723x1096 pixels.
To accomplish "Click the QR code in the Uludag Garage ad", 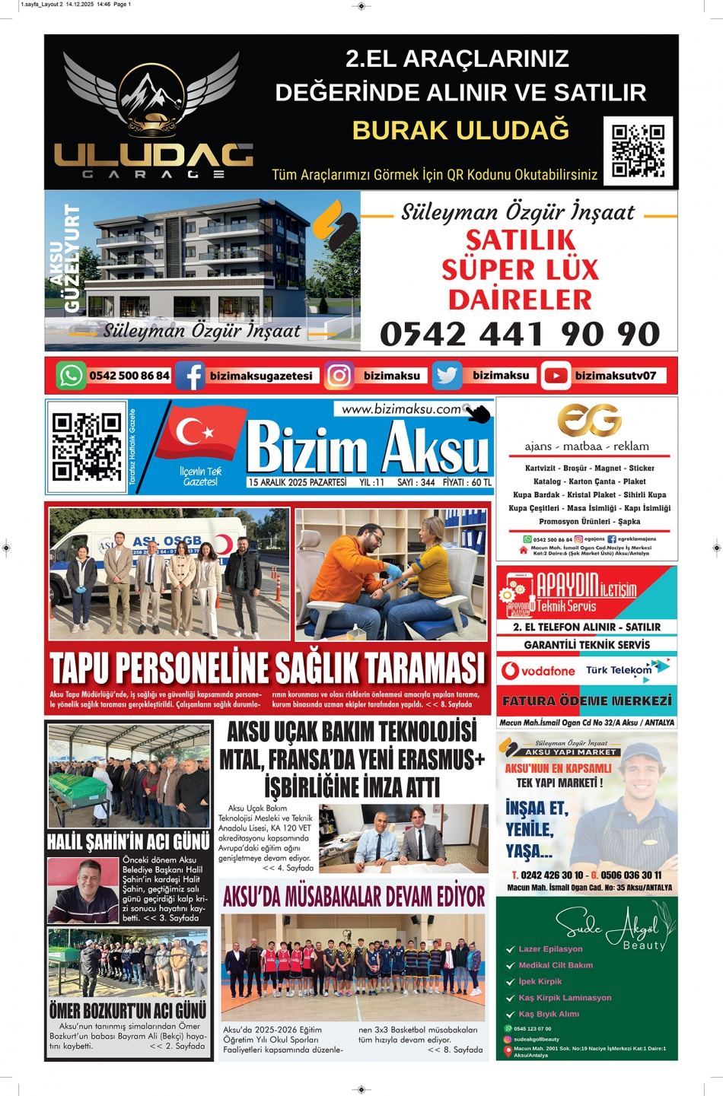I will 638,151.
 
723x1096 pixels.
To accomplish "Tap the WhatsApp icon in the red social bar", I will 71,376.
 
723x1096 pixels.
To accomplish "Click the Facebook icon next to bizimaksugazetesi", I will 190,376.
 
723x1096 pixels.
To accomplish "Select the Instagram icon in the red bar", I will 339,376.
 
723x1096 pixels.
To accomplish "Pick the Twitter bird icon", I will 447,376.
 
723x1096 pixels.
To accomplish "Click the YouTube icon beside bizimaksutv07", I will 556,376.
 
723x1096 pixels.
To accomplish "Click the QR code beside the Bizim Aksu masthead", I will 87,446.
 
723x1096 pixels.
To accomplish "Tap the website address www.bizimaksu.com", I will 401,409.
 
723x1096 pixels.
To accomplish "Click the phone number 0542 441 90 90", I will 520,334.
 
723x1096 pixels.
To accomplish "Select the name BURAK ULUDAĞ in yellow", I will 460,131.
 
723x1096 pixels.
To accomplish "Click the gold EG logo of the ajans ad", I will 588,420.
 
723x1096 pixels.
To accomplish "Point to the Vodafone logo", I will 538,671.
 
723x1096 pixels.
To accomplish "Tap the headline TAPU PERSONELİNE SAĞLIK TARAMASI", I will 267,669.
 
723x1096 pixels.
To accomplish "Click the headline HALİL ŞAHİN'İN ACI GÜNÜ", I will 128,842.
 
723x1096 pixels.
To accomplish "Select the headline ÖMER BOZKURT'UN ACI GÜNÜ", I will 128,1010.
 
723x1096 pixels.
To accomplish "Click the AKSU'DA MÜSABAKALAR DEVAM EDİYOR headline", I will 354,897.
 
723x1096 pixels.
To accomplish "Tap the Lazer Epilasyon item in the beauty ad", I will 550,949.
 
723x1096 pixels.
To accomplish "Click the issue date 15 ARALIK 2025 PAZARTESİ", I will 297,482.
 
